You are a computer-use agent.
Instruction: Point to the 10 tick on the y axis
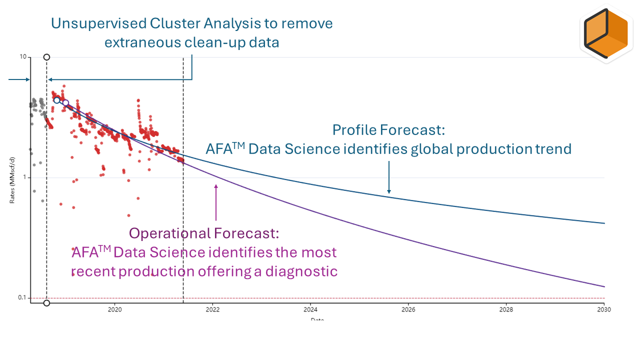(23, 57)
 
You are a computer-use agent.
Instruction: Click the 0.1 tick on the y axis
(21, 298)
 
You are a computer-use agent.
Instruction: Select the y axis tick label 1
(24, 177)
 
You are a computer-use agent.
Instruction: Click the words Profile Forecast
(388, 130)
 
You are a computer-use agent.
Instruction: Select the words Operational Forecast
(204, 233)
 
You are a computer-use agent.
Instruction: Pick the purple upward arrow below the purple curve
(216, 202)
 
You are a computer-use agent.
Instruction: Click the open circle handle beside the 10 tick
(46, 57)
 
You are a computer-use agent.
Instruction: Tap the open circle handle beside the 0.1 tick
(46, 303)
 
